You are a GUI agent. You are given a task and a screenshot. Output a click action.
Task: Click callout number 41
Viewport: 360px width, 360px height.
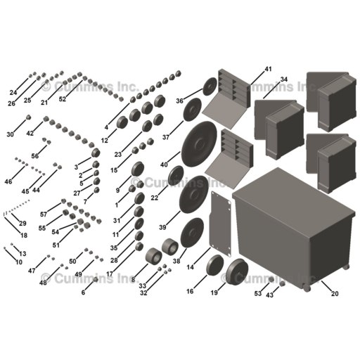pyautogui.click(x=268, y=69)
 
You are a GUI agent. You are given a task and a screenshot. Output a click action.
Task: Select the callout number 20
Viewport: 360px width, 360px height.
pyautogui.click(x=335, y=293)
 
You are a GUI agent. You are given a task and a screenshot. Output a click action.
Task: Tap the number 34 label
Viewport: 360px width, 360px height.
pyautogui.click(x=284, y=79)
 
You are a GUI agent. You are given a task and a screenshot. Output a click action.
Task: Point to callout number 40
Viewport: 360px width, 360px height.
pyautogui.click(x=164, y=165)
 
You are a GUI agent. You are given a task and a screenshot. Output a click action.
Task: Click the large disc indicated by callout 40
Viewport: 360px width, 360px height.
pyautogui.click(x=199, y=144)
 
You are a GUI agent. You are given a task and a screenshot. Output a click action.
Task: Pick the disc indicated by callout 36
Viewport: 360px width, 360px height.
pyautogui.click(x=210, y=86)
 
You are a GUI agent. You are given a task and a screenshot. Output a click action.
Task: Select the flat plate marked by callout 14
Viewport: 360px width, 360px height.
pyautogui.click(x=221, y=224)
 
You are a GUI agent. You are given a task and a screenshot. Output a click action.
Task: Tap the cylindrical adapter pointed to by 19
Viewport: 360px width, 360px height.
pyautogui.click(x=238, y=271)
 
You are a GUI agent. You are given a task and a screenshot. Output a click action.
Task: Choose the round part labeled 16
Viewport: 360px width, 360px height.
pyautogui.click(x=215, y=265)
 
